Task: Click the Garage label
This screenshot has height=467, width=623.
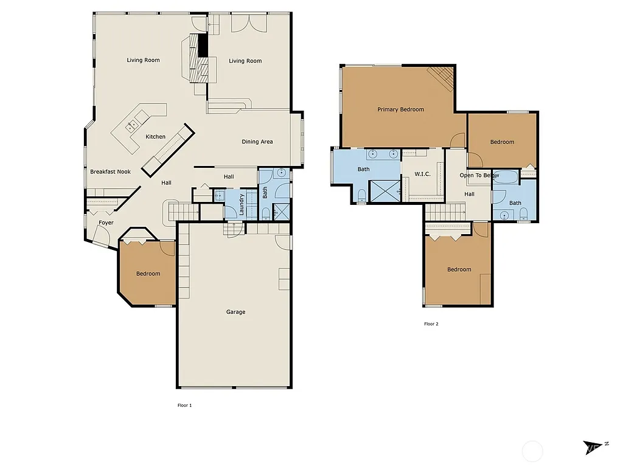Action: [235, 312]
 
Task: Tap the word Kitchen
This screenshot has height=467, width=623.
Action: [155, 137]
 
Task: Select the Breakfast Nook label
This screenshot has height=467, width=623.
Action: [110, 172]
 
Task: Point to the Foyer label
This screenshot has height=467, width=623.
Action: [106, 223]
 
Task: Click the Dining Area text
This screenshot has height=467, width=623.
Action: [257, 142]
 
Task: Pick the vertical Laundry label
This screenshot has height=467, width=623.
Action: [242, 204]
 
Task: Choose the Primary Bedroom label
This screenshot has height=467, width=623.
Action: [400, 109]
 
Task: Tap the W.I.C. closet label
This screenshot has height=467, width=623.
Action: [423, 175]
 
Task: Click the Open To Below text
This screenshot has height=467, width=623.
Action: [479, 176]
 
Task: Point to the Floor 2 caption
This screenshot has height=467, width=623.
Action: [431, 324]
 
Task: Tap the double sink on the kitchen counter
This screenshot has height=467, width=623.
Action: [132, 126]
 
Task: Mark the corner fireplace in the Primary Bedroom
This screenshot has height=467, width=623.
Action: [442, 77]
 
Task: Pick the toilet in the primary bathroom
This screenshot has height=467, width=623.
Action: [361, 195]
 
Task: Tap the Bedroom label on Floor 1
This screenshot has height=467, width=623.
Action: [148, 274]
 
